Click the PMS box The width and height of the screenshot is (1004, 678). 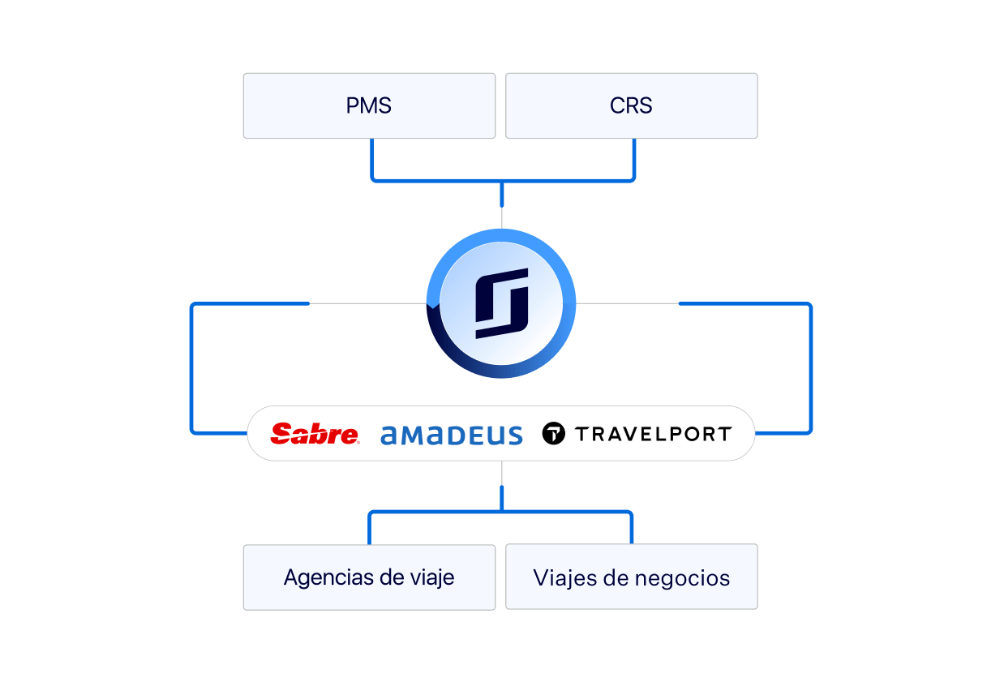pos(369,105)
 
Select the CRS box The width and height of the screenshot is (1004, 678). pos(632,105)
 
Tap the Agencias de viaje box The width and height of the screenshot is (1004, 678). pos(369,577)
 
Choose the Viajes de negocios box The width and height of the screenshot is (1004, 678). pos(632,577)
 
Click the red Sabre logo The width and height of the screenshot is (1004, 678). pos(315,434)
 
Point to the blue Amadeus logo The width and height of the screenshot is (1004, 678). pos(452,436)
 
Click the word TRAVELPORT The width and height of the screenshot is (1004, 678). pos(654,434)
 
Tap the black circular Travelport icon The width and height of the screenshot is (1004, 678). pos(554,433)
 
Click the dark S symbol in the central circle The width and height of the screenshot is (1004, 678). pos(501,303)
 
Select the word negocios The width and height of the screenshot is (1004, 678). pos(682,578)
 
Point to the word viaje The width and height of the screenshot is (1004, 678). pos(432,577)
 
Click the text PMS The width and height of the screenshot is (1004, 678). pos(368,105)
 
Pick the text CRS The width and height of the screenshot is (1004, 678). pos(631,105)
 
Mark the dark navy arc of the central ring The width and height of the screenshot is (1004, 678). pos(466,354)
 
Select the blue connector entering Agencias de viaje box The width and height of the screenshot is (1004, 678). pos(369,529)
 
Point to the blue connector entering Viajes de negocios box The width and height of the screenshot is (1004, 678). pos(632,528)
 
